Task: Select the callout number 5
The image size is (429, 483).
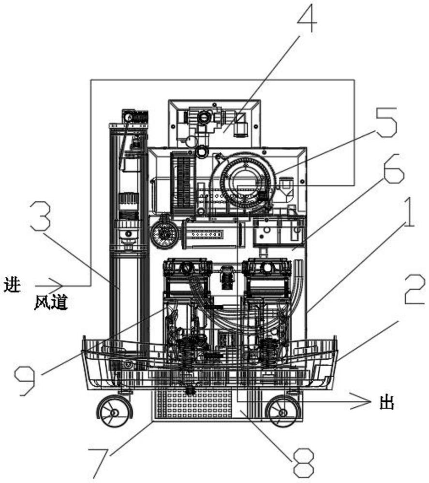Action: coord(386,122)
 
